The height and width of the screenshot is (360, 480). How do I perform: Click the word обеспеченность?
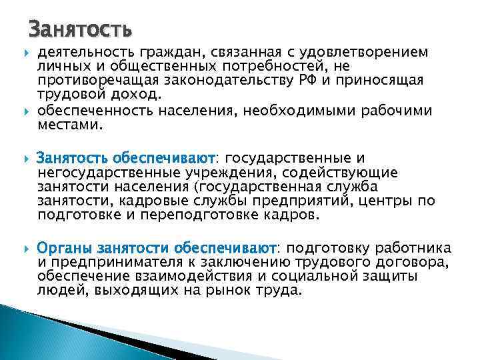pyautogui.click(x=94, y=110)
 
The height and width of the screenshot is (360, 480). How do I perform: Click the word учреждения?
pyautogui.click(x=215, y=173)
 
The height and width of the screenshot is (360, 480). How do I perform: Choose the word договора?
pyautogui.click(x=416, y=262)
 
